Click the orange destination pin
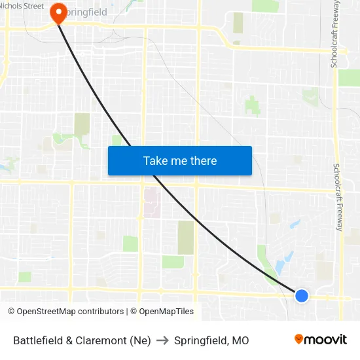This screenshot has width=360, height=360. (x=59, y=13)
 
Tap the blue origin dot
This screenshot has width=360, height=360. (x=302, y=296)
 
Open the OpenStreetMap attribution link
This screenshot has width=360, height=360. (x=65, y=312)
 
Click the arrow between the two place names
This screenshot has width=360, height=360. (x=162, y=340)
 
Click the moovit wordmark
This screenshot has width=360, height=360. (x=325, y=340)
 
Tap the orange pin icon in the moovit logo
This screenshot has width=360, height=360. (x=299, y=339)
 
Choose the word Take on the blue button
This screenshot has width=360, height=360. (x=156, y=160)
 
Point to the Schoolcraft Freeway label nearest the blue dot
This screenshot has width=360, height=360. (x=338, y=197)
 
